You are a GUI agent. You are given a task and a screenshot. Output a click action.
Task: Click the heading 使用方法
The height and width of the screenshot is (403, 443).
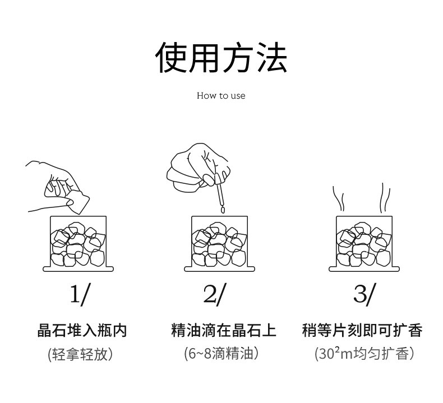tap(221, 58)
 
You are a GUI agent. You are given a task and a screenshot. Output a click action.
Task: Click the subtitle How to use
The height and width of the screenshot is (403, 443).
tap(221, 96)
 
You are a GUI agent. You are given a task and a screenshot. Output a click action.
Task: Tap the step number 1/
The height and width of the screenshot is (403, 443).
tap(79, 294)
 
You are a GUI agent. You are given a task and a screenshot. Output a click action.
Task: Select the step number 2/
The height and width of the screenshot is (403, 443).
tap(214, 294)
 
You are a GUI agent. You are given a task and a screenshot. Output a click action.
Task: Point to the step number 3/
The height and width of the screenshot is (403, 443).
tap(364, 294)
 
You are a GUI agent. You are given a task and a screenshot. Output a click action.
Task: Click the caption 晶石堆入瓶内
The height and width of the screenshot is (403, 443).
tap(82, 330)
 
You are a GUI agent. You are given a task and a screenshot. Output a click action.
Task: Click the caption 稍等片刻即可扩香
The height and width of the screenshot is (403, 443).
tap(362, 330)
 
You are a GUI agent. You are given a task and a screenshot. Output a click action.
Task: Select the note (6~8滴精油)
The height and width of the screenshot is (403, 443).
tap(221, 354)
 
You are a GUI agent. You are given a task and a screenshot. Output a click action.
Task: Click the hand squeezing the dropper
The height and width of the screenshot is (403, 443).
tap(196, 165)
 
